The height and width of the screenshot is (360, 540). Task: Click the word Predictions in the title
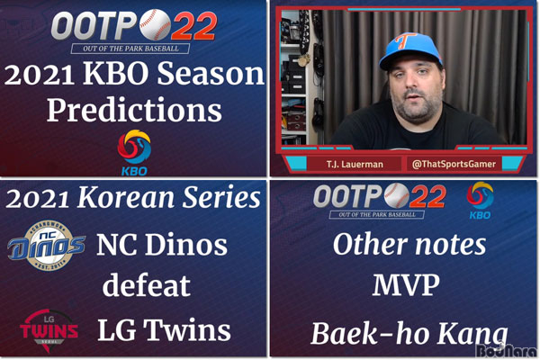pos(134,110)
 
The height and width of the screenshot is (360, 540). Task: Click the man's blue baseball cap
pos(409,50)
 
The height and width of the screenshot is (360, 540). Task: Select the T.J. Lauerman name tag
pos(355,164)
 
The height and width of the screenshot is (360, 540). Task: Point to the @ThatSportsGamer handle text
pos(454,164)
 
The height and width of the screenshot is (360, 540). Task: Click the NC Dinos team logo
pos(47,246)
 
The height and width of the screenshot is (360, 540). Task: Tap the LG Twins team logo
pos(49,330)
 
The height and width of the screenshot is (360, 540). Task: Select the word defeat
pos(147,286)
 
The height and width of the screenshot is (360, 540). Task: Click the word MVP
pos(406,284)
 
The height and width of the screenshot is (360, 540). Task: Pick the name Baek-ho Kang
pos(409,334)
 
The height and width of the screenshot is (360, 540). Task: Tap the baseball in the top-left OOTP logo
pos(155,24)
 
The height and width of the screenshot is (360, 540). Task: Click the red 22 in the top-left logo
pos(193,25)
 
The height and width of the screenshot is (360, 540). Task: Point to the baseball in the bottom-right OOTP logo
pos(397,195)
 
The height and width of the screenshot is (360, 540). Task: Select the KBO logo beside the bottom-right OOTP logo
pos(480,201)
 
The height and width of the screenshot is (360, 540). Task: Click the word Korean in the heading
pos(126,198)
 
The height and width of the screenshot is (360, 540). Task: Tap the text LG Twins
pos(164,329)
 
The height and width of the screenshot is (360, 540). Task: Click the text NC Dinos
pos(162,244)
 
